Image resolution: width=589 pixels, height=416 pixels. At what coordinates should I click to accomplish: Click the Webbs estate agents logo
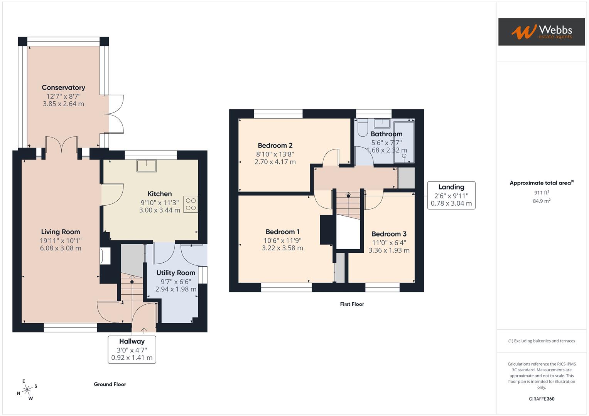(x=541, y=32)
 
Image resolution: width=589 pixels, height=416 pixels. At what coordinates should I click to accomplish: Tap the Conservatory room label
(x=63, y=87)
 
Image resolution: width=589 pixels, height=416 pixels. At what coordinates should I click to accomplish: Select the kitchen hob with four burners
(x=191, y=205)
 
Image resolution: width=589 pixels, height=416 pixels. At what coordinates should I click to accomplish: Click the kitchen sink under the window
(x=147, y=166)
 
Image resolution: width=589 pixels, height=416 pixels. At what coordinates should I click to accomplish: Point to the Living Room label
(x=61, y=231)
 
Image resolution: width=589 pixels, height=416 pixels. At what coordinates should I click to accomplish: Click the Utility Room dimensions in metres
(x=176, y=289)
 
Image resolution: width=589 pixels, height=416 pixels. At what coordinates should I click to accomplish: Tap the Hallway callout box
(x=132, y=349)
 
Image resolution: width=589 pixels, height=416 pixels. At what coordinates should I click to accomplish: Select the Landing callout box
(x=451, y=195)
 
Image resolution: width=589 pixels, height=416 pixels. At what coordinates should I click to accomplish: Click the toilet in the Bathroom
(x=363, y=128)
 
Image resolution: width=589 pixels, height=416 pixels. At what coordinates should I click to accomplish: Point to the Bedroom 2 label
(x=275, y=145)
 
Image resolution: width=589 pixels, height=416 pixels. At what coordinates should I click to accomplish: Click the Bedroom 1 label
(x=282, y=231)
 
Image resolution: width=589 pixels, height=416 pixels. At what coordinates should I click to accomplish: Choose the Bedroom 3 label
(x=389, y=234)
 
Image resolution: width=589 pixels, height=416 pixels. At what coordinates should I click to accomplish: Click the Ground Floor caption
(x=110, y=384)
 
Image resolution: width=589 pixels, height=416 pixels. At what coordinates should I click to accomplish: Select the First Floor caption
(x=352, y=304)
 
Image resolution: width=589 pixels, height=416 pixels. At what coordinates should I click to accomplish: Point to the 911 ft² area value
(x=542, y=192)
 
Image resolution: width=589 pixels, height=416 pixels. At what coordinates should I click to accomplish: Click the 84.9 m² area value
(x=542, y=201)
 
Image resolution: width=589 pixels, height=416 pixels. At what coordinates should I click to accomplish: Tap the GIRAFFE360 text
(x=542, y=399)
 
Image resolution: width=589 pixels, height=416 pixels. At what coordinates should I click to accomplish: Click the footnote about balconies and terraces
(x=542, y=341)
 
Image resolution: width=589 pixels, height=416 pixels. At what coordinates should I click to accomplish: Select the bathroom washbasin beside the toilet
(x=382, y=123)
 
